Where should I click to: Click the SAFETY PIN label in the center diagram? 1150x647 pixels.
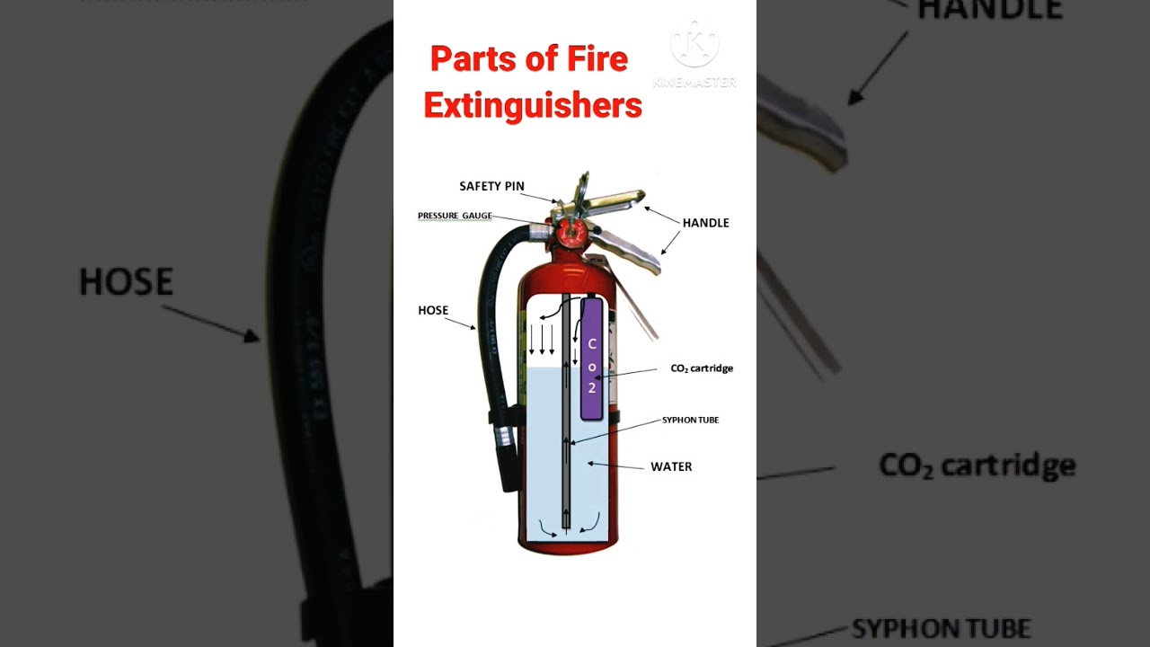[x=491, y=186]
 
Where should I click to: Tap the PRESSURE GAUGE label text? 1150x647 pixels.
[x=455, y=216]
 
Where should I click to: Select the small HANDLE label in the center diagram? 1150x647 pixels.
[x=705, y=223]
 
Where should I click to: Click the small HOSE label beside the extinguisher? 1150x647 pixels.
[x=433, y=310]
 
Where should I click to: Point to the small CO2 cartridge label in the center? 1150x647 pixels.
[x=702, y=368]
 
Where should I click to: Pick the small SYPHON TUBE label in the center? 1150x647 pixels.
[x=690, y=420]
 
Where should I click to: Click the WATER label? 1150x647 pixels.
[x=671, y=466]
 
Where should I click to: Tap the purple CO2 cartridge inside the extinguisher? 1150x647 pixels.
[x=591, y=359]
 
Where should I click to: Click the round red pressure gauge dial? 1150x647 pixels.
[x=571, y=233]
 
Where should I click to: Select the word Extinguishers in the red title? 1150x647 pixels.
[x=533, y=106]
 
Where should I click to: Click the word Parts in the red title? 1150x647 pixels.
[x=471, y=59]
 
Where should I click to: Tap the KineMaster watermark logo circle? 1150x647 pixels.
[x=694, y=44]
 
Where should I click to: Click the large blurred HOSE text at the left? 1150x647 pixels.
[x=126, y=282]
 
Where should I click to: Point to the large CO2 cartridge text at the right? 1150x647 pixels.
[x=977, y=465]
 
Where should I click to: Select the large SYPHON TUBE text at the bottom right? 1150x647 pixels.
[x=941, y=628]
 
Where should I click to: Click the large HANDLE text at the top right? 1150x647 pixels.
[x=989, y=9]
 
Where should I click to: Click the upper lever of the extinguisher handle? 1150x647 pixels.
[x=615, y=198]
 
